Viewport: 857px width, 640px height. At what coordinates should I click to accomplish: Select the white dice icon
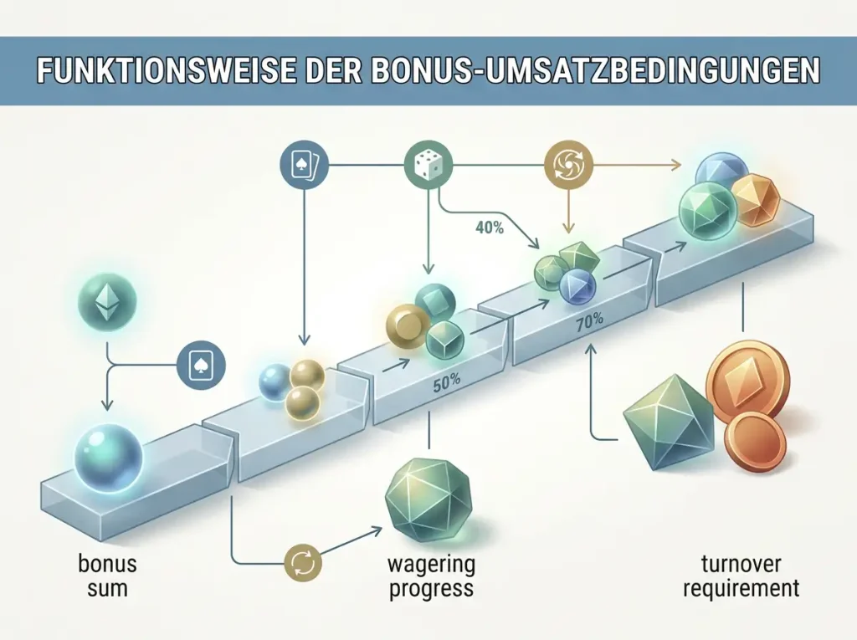coord(428,164)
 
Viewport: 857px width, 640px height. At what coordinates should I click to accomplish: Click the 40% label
coord(490,228)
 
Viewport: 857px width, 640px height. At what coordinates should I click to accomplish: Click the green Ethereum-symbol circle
coord(106,298)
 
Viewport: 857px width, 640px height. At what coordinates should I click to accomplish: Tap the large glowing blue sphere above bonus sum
coord(108,458)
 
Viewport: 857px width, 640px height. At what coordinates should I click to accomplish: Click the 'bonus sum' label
coord(107,576)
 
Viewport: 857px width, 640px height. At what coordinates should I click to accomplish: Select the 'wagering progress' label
coord(431,577)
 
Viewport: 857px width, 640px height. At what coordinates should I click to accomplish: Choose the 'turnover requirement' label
coord(742,576)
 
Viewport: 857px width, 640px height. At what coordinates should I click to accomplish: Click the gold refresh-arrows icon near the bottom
coord(303,562)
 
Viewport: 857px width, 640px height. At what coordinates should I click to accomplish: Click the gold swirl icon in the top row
coord(568,164)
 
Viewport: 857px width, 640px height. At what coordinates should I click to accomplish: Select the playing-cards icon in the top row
coord(303,164)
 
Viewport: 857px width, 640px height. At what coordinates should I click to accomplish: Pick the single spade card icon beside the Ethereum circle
coord(202,366)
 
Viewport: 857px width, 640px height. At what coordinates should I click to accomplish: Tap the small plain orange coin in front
coord(755,443)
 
